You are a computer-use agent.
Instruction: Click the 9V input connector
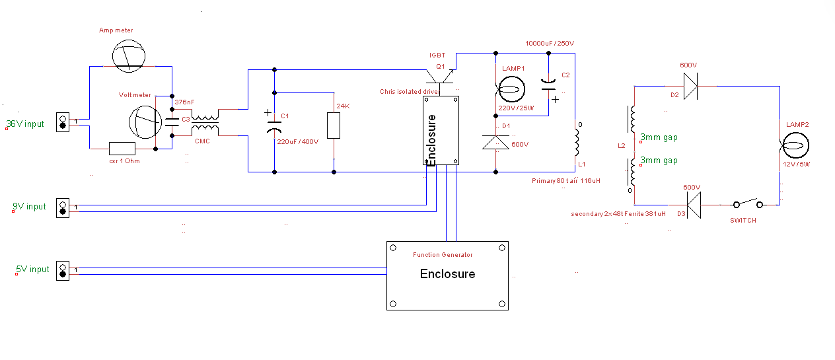coord(63,207)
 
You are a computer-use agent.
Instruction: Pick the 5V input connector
coord(63,270)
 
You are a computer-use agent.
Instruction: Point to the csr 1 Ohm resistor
coord(122,148)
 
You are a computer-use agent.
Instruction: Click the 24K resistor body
coord(334,126)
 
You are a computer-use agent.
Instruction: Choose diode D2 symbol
coord(691,86)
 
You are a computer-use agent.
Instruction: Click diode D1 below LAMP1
coord(495,142)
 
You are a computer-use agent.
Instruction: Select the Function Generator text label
coord(443,255)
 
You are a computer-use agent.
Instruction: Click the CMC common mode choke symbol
coord(205,123)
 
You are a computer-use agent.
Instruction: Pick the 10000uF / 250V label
coord(550,43)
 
